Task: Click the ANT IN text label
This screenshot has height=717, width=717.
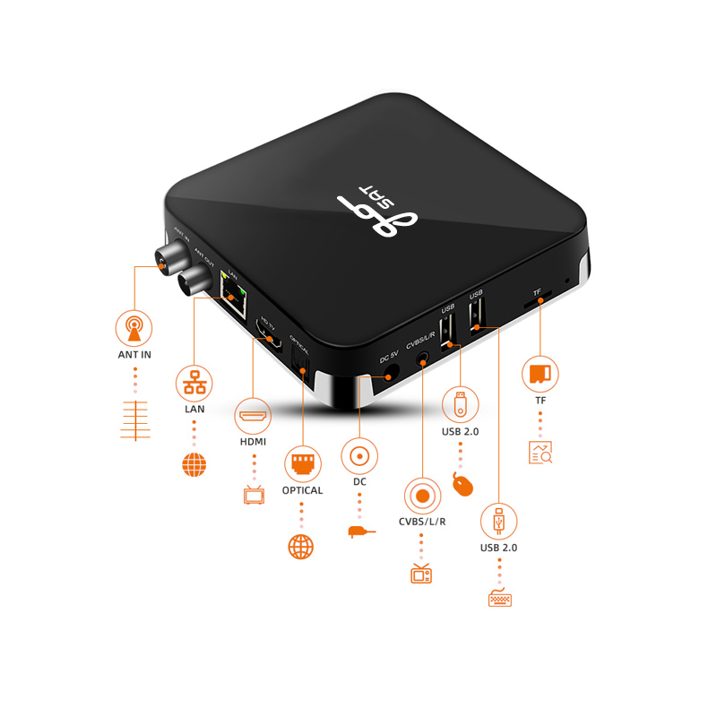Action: (134, 354)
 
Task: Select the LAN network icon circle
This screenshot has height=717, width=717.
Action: (194, 382)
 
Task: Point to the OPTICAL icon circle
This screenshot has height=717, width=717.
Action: (301, 464)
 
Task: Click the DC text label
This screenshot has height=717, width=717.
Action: (359, 482)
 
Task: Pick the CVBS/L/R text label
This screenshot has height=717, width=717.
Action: (421, 523)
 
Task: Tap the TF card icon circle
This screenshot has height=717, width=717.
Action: (540, 373)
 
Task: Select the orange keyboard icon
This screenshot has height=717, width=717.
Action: (500, 598)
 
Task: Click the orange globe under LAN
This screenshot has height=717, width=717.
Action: (194, 463)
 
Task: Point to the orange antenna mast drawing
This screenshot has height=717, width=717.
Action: (134, 419)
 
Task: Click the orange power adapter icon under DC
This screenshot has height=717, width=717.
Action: (360, 531)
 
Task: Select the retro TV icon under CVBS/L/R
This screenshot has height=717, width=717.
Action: (421, 573)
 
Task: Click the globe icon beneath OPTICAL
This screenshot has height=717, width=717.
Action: (301, 546)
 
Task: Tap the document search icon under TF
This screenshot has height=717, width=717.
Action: (540, 453)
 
